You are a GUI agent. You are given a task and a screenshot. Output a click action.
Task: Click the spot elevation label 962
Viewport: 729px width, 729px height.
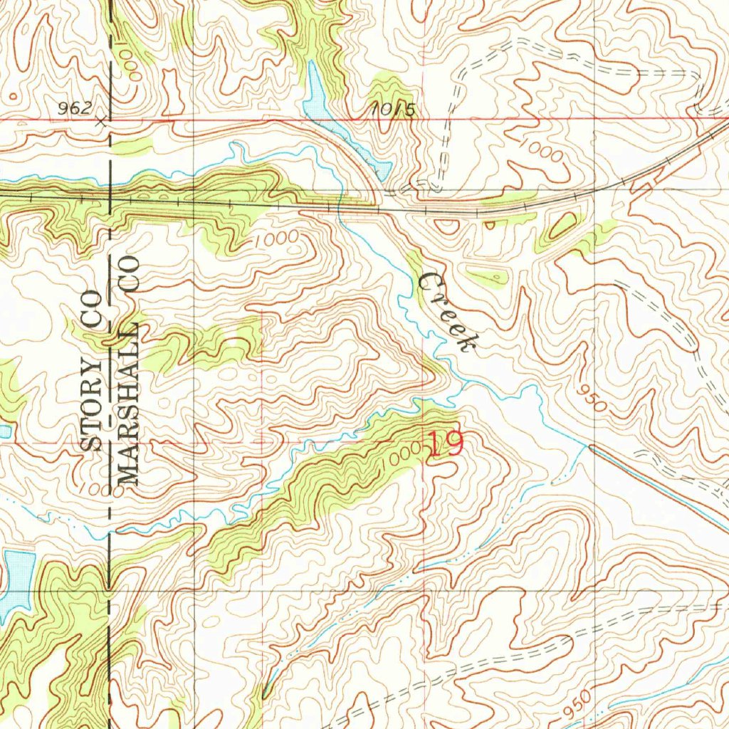[x=75, y=108]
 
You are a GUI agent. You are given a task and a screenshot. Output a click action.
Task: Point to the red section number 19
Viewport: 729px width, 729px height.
[x=446, y=444]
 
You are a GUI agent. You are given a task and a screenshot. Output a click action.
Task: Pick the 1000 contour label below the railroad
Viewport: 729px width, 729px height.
[x=277, y=240]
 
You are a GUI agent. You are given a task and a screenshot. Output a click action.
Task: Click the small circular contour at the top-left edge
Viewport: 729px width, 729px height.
[x=12, y=95]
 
